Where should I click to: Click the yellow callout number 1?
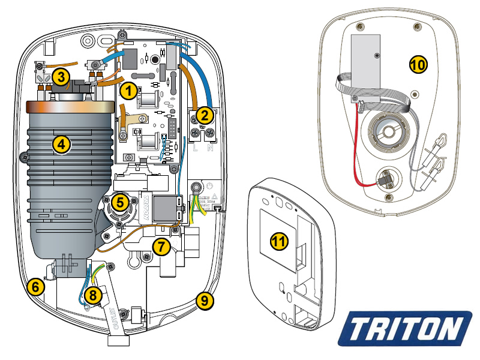point(127,91)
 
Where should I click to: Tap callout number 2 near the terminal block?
point(204,114)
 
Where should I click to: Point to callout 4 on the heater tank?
point(61,143)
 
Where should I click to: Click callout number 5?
point(121,202)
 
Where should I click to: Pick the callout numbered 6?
point(36,287)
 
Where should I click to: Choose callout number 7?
point(160,245)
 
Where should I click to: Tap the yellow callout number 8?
point(92,295)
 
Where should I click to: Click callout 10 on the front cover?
point(418,64)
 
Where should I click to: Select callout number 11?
point(279,242)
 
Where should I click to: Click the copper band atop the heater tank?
point(70,108)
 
